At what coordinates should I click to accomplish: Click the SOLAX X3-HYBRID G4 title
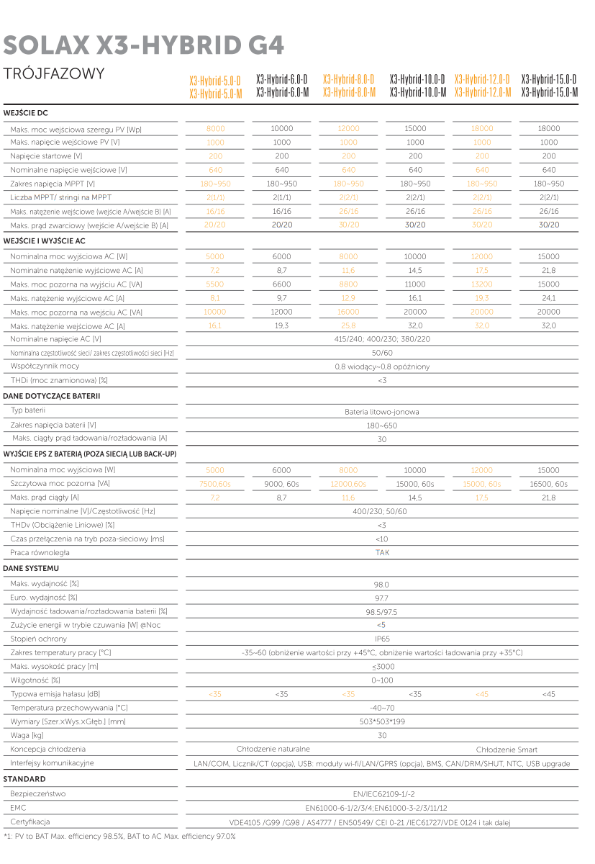click(144, 45)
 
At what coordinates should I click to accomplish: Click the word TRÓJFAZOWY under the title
click(54, 74)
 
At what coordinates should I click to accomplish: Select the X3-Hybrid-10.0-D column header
click(417, 78)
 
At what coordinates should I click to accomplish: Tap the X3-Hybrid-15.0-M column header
click(549, 93)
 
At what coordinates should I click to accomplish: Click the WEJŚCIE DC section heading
click(25, 113)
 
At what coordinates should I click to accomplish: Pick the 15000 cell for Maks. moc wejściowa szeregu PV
click(415, 128)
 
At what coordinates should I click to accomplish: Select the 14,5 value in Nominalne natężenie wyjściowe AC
click(415, 270)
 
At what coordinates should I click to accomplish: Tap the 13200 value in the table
click(482, 284)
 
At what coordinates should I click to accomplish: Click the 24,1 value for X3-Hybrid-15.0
click(548, 298)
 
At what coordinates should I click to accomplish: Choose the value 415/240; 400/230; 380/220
click(382, 339)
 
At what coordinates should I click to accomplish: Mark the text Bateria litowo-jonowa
click(382, 413)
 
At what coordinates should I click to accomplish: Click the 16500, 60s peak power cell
click(548, 485)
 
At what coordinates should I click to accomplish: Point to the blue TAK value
click(382, 553)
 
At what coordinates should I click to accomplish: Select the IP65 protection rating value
click(382, 639)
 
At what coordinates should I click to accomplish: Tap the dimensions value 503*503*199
click(382, 721)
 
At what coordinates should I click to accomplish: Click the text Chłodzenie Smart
click(507, 750)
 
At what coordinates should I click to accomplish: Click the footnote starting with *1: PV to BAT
click(119, 837)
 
